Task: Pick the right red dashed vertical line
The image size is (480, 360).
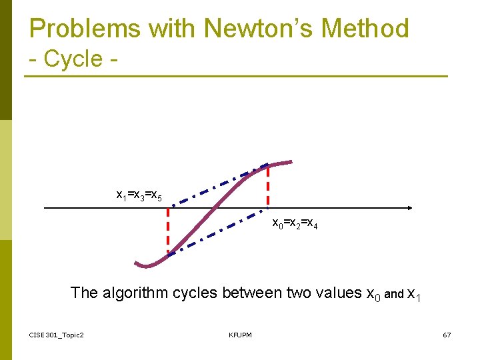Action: click(268, 186)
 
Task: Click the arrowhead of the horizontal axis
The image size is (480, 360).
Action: click(408, 208)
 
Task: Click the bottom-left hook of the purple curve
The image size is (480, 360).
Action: click(143, 265)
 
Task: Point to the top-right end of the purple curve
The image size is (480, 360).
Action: click(288, 161)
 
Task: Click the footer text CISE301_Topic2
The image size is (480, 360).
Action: click(57, 335)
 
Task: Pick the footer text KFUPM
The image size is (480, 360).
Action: click(240, 335)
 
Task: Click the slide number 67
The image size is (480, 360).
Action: click(447, 335)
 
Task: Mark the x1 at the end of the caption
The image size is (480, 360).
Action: click(413, 294)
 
